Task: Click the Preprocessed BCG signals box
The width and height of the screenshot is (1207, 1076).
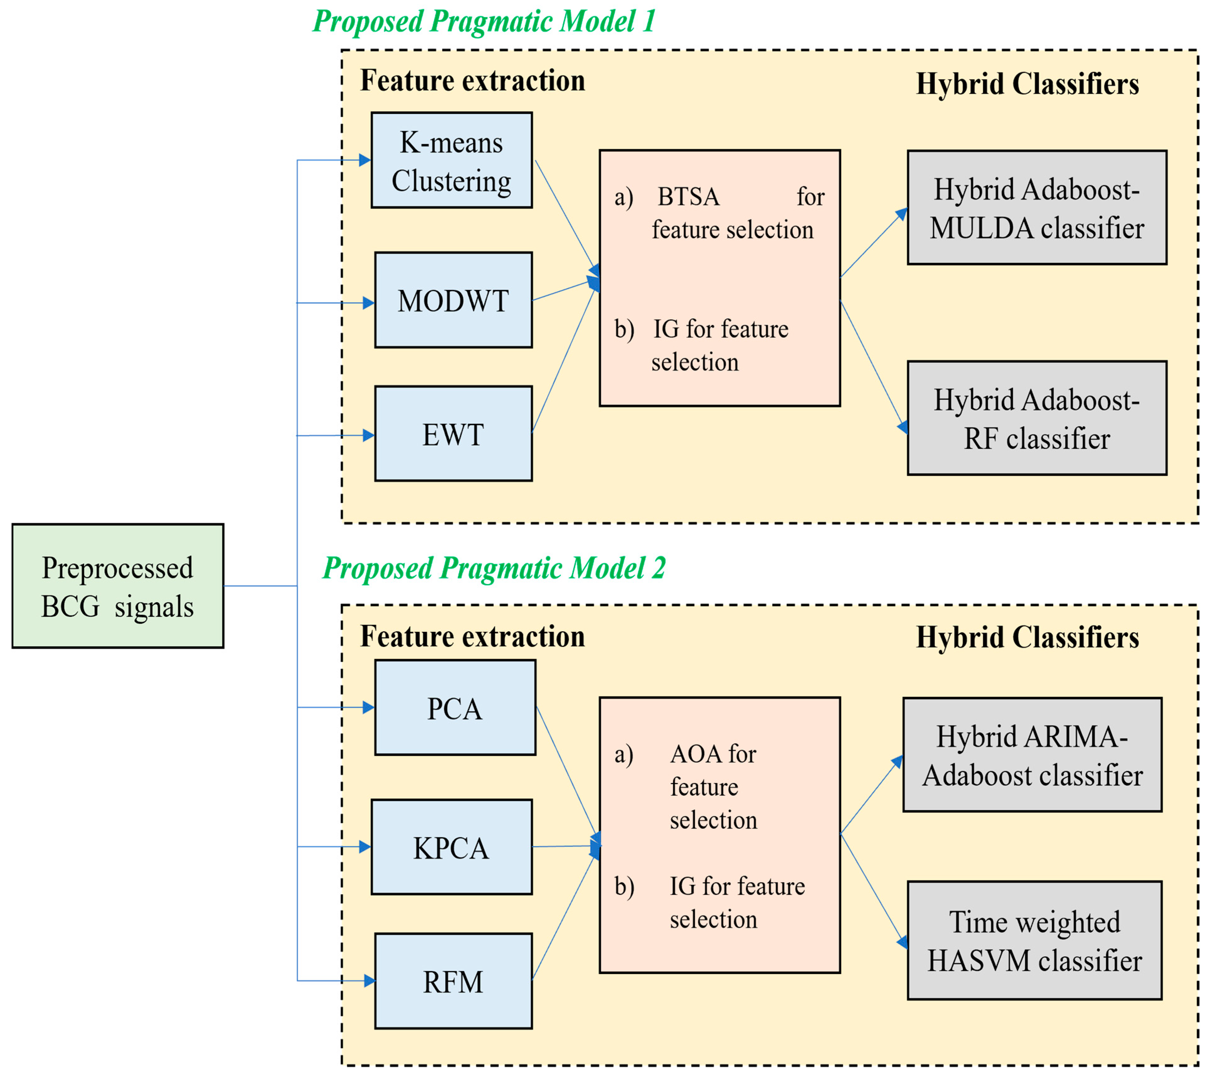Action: point(118,586)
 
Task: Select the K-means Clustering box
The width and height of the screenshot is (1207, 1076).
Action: point(452,160)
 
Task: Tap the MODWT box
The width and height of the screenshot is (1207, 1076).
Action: point(453,300)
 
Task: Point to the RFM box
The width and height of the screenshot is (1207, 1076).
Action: point(453,981)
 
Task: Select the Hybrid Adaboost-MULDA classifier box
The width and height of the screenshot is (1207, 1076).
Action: point(1037,208)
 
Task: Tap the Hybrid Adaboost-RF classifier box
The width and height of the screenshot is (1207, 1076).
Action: point(1037,418)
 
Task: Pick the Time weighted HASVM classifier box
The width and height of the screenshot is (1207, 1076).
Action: point(1035,940)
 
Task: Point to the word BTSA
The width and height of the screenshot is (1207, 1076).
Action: point(689,197)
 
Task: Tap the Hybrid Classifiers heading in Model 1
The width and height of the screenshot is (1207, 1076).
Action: point(1027,84)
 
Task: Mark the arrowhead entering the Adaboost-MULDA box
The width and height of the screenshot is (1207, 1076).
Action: point(901,213)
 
